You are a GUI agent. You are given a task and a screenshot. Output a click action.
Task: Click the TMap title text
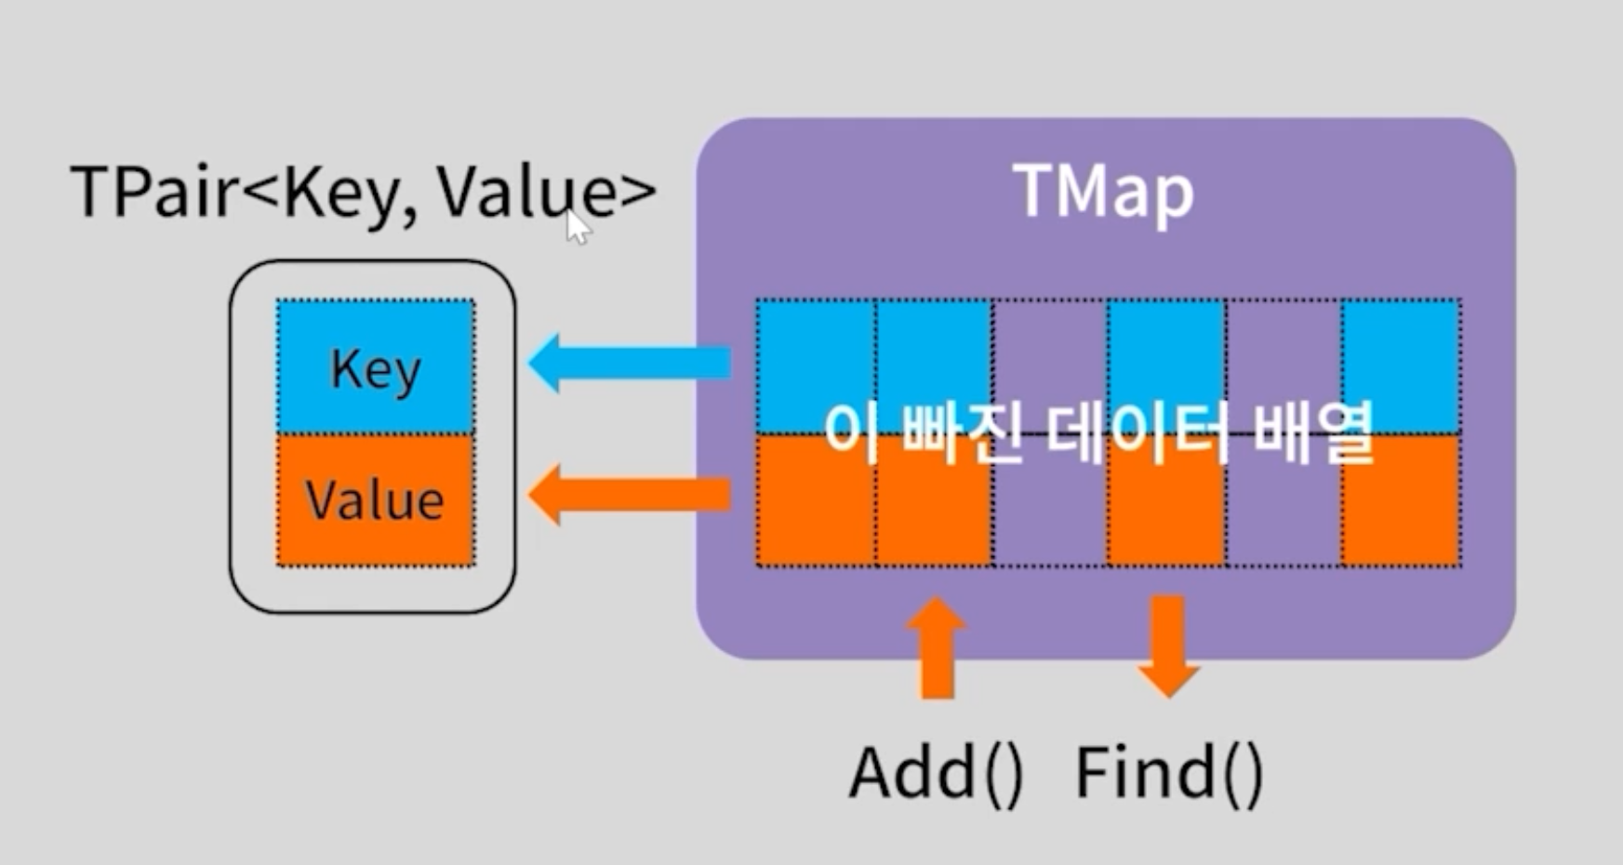[1103, 192]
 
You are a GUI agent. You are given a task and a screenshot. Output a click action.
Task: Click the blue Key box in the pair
[376, 366]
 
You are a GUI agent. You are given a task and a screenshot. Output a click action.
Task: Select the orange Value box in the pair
[376, 499]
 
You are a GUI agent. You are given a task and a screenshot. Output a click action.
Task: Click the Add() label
[936, 773]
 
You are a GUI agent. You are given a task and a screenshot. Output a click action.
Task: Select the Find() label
[1169, 773]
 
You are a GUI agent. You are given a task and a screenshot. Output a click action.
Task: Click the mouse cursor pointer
[577, 226]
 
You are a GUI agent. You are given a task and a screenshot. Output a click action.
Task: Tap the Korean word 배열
[1312, 433]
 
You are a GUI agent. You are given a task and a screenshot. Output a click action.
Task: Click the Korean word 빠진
[962, 433]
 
